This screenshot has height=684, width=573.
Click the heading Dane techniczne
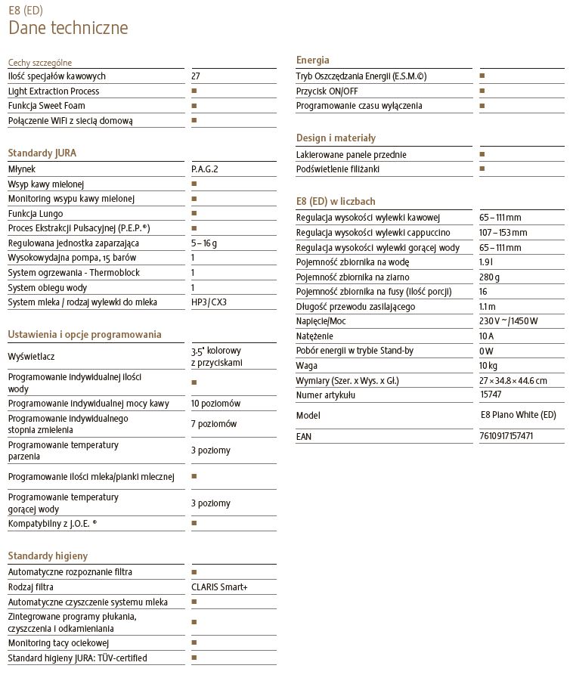point(68,29)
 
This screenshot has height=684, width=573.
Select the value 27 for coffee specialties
point(196,76)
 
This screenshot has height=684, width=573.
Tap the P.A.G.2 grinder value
point(204,169)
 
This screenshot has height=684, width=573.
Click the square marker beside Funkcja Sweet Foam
point(194,106)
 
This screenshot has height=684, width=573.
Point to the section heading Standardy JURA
point(42,153)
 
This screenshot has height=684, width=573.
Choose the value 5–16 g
point(204,243)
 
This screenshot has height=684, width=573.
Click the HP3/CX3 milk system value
point(209,302)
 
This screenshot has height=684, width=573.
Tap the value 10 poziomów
point(215,404)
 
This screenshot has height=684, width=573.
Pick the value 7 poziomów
point(213,424)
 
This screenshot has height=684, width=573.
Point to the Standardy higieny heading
point(48,556)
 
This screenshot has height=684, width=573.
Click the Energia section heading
point(313,60)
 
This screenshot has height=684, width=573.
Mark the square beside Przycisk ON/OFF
point(482,91)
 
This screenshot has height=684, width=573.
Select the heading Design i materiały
point(336,138)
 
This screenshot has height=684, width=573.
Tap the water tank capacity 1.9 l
point(487,262)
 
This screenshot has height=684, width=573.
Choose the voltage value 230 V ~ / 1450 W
point(508,321)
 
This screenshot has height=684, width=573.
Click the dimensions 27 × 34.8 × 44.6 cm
point(513,380)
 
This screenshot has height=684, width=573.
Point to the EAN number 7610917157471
point(506,436)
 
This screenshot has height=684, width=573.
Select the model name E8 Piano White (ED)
point(518,415)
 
